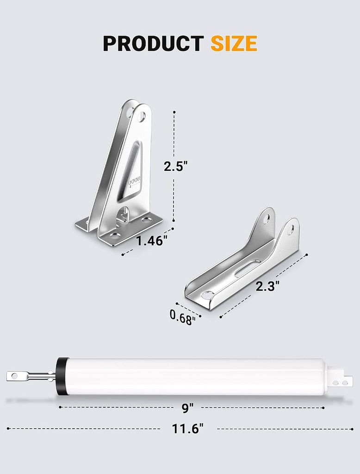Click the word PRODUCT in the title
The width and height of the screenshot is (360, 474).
[153, 44]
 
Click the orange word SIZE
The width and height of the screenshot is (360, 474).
[234, 44]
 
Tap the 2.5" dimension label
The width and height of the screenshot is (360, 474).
[175, 166]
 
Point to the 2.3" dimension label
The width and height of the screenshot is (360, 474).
[268, 287]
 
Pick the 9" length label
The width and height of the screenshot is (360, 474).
[187, 408]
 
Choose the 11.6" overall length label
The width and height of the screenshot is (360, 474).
[187, 429]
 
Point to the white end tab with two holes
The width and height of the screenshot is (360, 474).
[341, 381]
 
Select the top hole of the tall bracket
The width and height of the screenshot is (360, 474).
[142, 116]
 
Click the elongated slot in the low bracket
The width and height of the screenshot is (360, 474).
[248, 268]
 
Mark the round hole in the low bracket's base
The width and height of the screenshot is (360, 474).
[208, 294]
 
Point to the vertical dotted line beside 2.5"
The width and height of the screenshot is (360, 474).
[174, 139]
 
